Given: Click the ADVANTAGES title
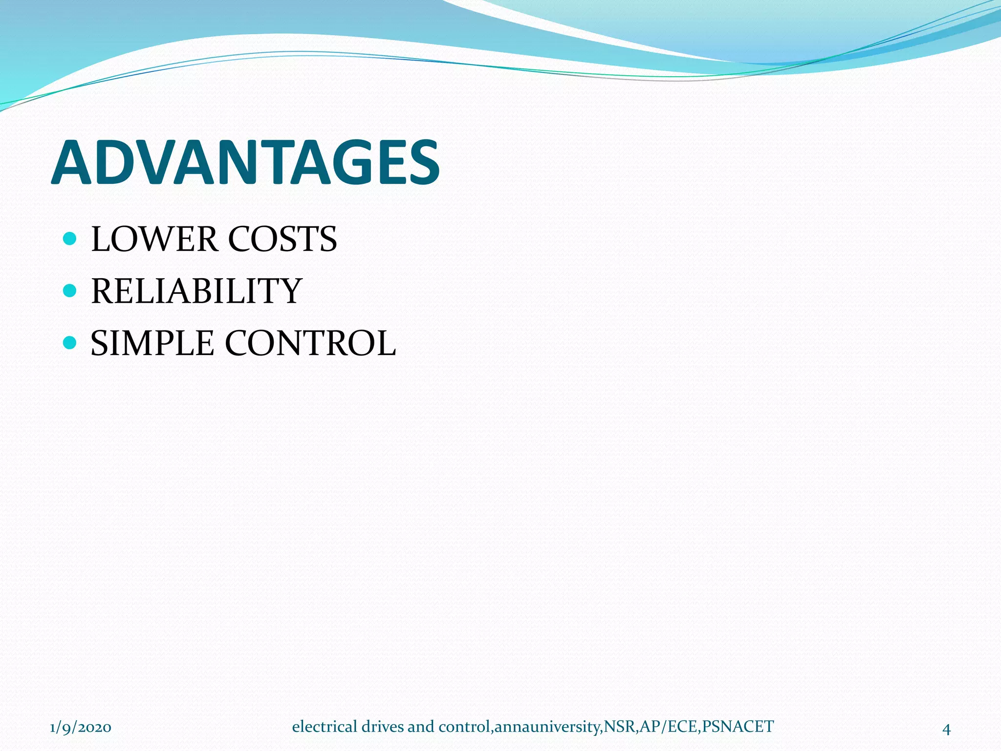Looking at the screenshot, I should click(x=245, y=163).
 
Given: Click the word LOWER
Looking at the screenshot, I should click(x=154, y=239).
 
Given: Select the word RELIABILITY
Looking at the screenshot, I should click(x=196, y=291).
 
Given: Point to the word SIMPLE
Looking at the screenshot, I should click(x=152, y=343).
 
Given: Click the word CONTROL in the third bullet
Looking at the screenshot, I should click(x=310, y=343).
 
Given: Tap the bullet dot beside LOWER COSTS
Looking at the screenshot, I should click(x=70, y=239).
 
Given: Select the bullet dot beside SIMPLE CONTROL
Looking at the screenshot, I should click(x=70, y=342).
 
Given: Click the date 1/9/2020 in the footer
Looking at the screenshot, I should click(x=81, y=728).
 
